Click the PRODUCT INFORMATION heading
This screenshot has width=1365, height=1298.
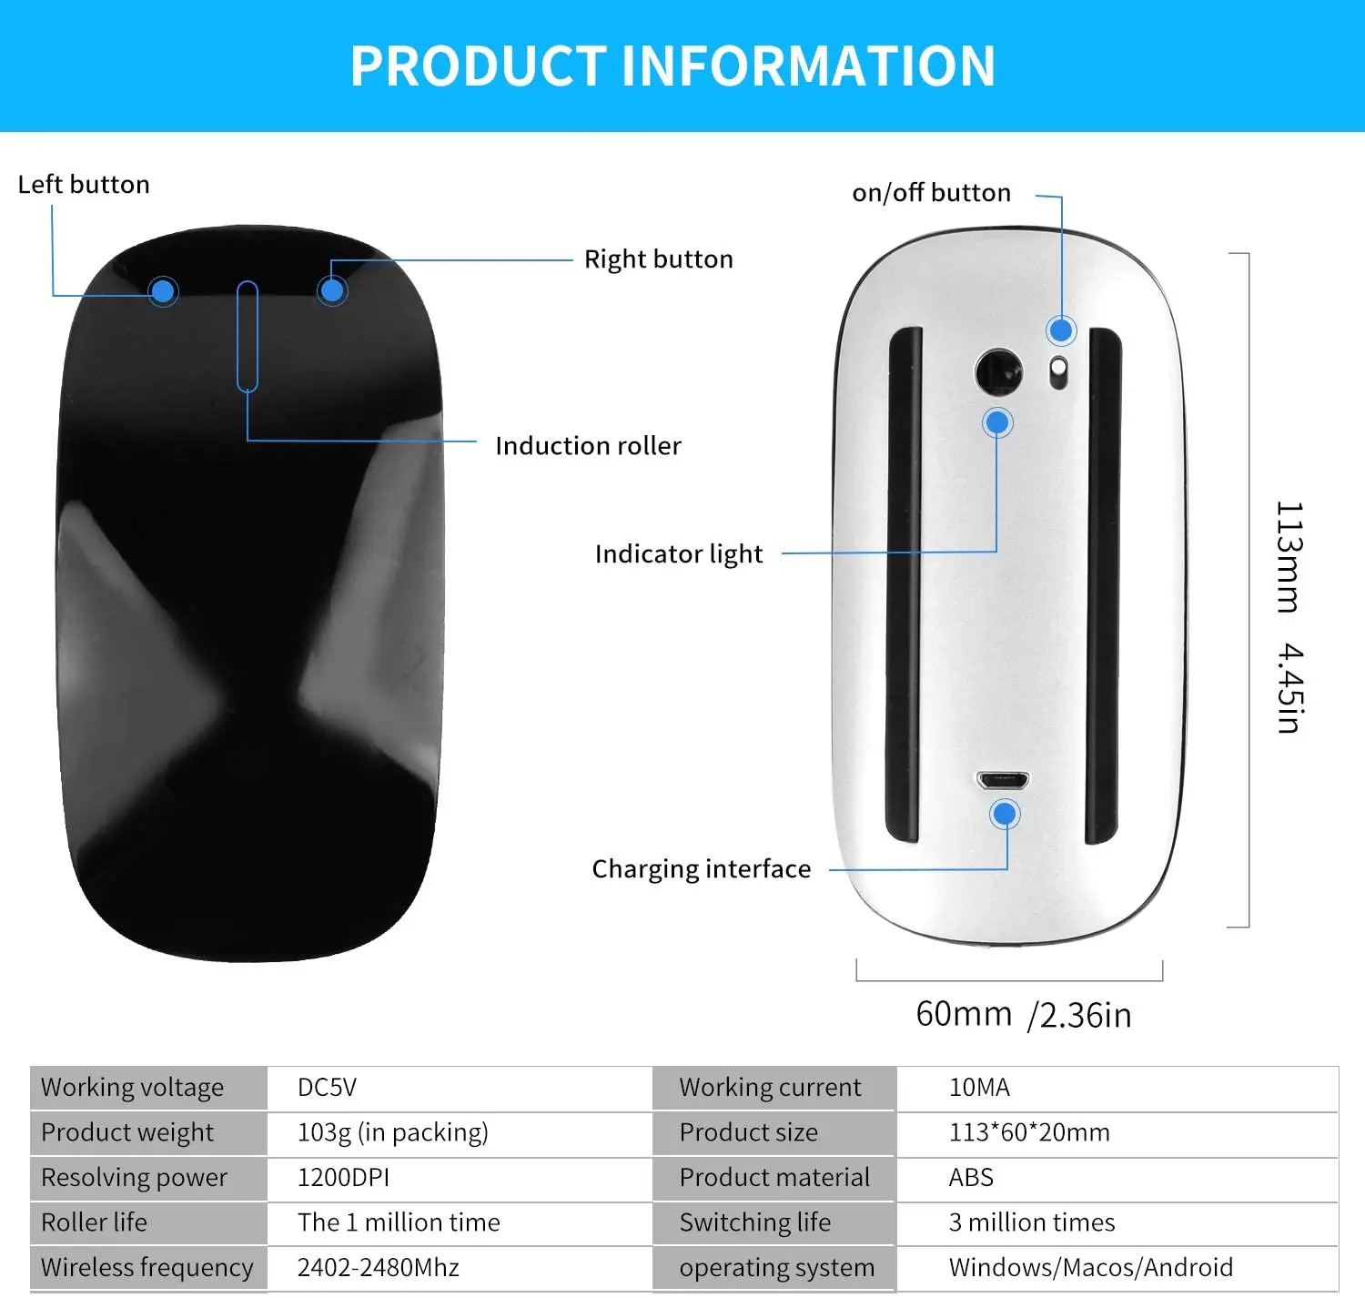pos(673,66)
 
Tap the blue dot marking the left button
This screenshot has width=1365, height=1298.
pos(163,291)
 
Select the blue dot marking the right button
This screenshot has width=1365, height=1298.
pos(332,290)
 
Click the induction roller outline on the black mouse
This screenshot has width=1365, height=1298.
pos(248,336)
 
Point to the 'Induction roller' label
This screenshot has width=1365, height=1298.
pos(588,446)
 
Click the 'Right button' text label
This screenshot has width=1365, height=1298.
pos(658,259)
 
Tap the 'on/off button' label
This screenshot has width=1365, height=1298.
pos(931,193)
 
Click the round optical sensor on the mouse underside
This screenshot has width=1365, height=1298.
pos(998,372)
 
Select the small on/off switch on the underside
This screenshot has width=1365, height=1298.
pos(1058,373)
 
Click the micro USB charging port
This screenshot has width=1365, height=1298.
pos(1003,780)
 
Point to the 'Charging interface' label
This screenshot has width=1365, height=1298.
pos(701,869)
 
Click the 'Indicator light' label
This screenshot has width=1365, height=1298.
pos(678,554)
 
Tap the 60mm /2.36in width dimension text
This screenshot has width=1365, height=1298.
pos(1023,1015)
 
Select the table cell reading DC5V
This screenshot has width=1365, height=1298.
pos(328,1088)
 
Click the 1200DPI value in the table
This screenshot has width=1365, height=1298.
pos(344,1178)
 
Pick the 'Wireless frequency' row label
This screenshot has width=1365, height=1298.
pos(147,1267)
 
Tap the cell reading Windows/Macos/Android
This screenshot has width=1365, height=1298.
pos(1090,1267)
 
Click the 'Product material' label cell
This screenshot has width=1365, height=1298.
pos(774,1178)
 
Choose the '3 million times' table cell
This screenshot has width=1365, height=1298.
pos(1032,1222)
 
